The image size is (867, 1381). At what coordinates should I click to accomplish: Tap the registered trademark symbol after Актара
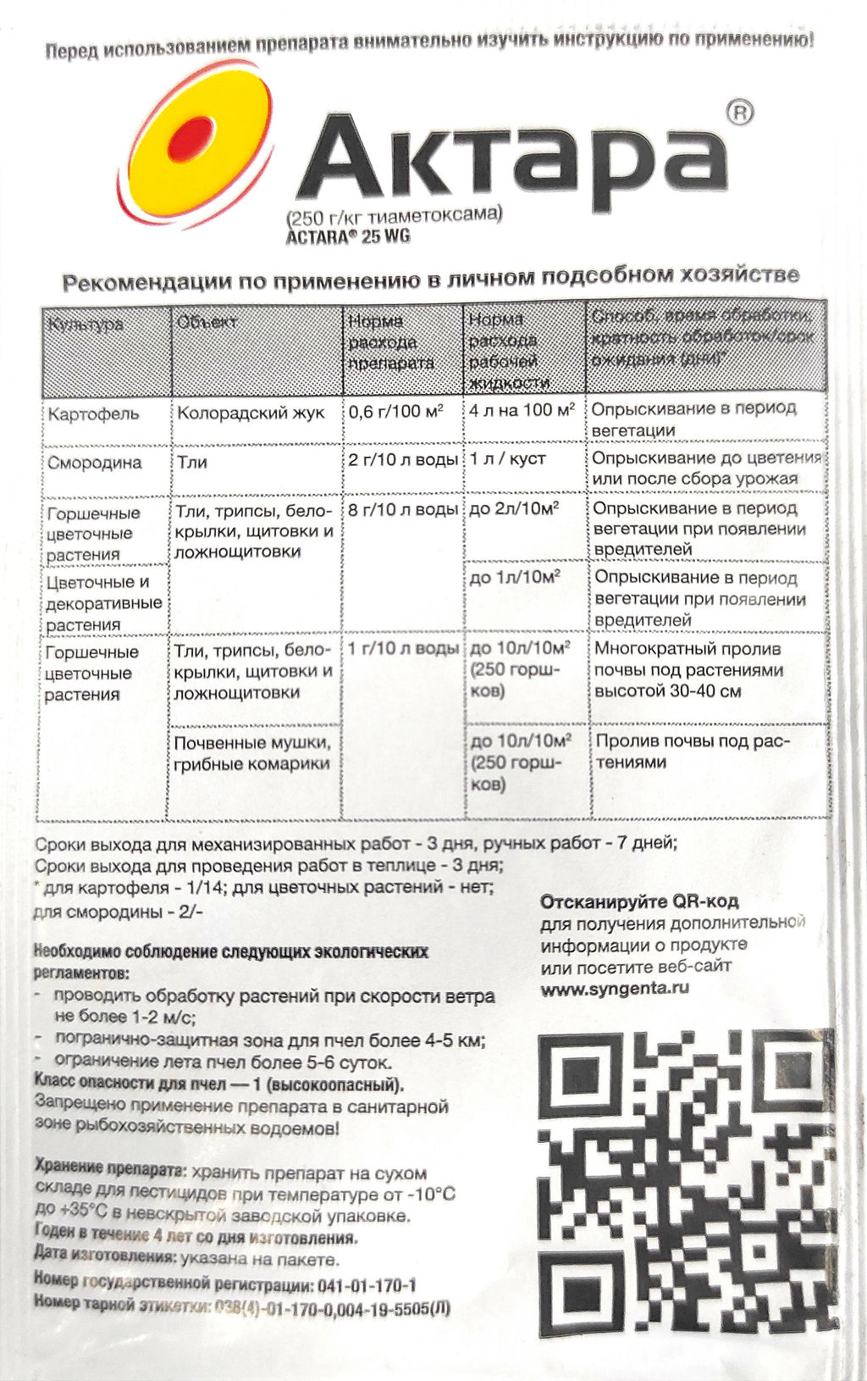tap(739, 113)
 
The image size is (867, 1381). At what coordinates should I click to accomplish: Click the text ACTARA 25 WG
tap(348, 237)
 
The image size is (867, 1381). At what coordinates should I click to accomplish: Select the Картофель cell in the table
tap(94, 415)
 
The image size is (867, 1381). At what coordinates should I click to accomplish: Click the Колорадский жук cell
tap(251, 413)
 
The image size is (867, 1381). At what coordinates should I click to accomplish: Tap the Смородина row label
tap(95, 463)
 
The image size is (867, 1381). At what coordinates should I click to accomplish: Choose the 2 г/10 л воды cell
tap(403, 460)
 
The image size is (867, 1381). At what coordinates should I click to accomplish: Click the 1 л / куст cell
tap(508, 460)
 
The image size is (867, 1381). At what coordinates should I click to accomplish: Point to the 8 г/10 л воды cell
tap(403, 510)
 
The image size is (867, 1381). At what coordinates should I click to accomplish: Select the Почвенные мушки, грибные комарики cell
tap(252, 753)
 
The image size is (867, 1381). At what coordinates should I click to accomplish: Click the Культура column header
tap(86, 324)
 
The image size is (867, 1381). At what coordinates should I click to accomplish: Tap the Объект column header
tap(207, 322)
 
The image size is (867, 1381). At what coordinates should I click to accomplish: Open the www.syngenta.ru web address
tap(615, 988)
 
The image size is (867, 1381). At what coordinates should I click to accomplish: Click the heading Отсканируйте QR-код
tap(639, 901)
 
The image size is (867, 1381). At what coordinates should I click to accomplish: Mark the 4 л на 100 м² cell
tap(522, 411)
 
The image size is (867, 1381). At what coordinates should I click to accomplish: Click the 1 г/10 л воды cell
tap(403, 649)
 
